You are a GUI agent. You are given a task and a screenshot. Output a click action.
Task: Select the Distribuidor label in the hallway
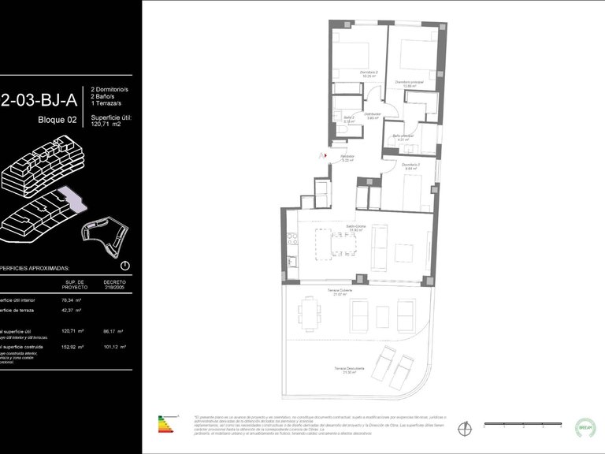coord(374,115)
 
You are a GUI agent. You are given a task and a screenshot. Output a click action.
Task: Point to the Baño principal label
coord(403,137)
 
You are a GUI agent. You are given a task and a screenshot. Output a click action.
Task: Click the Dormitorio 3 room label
coord(411,166)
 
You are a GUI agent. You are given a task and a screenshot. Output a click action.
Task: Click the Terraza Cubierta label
coord(340,292)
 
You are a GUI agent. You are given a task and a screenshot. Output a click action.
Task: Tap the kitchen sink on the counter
coord(291,261)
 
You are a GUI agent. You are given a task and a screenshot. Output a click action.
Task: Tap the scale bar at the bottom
coord(521,424)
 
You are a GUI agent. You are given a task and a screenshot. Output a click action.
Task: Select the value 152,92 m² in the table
coord(72,347)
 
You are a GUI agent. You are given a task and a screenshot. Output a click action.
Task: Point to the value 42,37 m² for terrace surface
coord(72,311)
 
